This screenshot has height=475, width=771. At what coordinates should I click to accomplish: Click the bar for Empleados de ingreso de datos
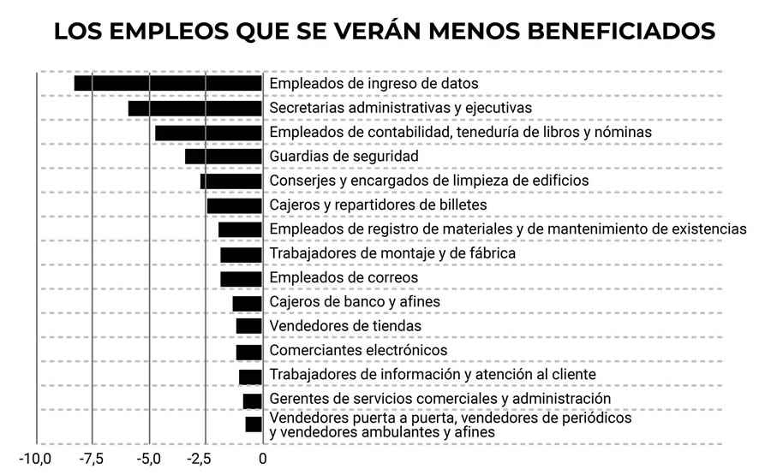pos(168,83)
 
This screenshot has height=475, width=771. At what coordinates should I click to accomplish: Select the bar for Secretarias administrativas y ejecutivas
pos(195,108)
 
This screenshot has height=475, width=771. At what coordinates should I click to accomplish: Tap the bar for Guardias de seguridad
pos(224,157)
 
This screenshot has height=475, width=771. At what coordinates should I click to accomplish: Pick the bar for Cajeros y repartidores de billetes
pos(235,205)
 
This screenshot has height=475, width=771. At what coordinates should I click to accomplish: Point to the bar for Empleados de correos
pos(242,278)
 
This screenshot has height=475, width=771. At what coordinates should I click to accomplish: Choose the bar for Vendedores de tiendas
pos(249,326)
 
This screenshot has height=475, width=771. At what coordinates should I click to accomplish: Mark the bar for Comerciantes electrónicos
pos(249,351)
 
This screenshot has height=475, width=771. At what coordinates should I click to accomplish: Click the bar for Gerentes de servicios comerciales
pos(253,400)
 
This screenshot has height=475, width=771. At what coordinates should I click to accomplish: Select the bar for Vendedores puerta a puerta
pos(254,425)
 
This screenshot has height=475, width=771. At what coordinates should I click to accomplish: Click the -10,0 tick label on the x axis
pos(36,458)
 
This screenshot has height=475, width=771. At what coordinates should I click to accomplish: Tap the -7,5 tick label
pos(92,458)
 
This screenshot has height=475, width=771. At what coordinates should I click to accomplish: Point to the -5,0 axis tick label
pos(148,458)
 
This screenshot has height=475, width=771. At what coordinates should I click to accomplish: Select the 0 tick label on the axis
pos(262,458)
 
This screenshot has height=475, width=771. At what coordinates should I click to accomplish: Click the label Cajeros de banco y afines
pos(355,302)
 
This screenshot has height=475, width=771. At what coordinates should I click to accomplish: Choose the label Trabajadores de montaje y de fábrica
pos(392,254)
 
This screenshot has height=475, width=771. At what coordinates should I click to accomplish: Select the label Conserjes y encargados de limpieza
pos(429,181)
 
